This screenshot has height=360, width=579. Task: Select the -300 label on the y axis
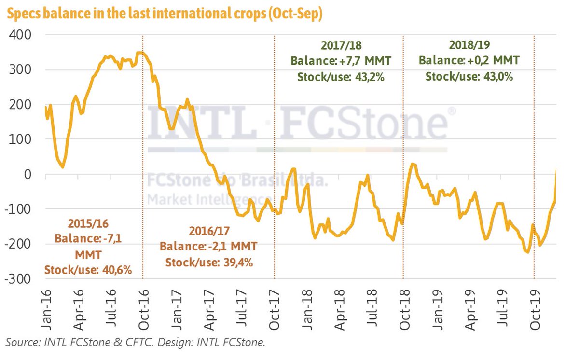click(18, 279)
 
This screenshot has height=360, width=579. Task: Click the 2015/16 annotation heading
click(88, 224)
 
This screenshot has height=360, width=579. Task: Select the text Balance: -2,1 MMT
click(209, 246)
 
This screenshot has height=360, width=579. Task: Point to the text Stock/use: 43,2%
click(341, 76)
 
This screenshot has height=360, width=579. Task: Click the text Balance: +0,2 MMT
click(469, 61)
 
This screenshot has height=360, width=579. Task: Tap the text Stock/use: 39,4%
click(209, 263)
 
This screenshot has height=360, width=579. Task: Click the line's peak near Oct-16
click(140, 52)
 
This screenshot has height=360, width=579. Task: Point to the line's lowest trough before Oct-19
click(527, 252)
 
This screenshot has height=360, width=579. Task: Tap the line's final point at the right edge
click(556, 169)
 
